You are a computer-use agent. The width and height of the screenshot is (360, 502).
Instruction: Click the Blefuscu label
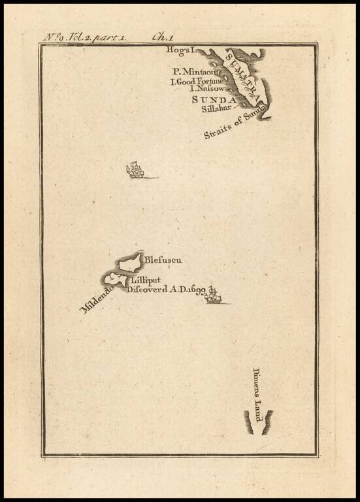(x=163, y=260)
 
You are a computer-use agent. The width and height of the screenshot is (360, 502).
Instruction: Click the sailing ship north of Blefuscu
(x=135, y=171)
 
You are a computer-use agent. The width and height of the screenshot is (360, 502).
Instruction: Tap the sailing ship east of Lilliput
(x=212, y=296)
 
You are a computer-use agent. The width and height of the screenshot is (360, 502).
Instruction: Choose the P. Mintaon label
(x=193, y=71)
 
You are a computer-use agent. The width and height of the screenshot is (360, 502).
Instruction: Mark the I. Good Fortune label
(x=198, y=81)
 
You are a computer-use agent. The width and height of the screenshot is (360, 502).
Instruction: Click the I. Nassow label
(x=206, y=89)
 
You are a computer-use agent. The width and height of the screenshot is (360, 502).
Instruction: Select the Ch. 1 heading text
(x=161, y=37)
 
